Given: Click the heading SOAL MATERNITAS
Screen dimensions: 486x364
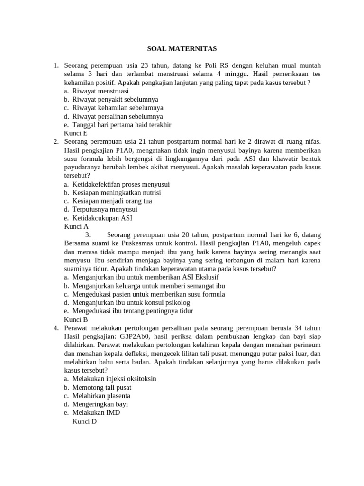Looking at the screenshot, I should pos(182,48).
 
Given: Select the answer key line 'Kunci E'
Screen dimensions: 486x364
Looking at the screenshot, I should pos(75,133).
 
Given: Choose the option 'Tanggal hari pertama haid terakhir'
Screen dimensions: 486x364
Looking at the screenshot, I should pos(121,125).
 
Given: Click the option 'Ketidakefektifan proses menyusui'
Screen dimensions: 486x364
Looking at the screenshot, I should pos(121,184).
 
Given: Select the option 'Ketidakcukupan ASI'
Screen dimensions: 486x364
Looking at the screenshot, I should pos(102,218).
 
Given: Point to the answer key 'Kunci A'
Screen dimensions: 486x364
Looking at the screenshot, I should pos(76,227).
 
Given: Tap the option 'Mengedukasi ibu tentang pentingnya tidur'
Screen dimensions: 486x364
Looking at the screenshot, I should pos(133,311).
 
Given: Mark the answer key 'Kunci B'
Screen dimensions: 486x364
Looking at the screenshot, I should pos(76,319).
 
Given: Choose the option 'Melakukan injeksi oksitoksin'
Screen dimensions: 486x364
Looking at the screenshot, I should pos(114,379).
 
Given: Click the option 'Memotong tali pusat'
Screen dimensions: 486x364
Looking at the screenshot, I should pos(101,387).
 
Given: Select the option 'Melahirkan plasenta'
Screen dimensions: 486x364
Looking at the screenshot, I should pos(101,396).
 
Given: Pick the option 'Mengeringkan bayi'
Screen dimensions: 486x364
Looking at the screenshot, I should pos(100,404).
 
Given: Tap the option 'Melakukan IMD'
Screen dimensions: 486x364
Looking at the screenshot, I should pos(96,413).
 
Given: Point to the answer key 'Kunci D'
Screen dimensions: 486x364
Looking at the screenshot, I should pos(84,421).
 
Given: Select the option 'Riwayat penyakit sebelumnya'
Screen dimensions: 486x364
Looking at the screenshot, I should pos(115,99).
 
